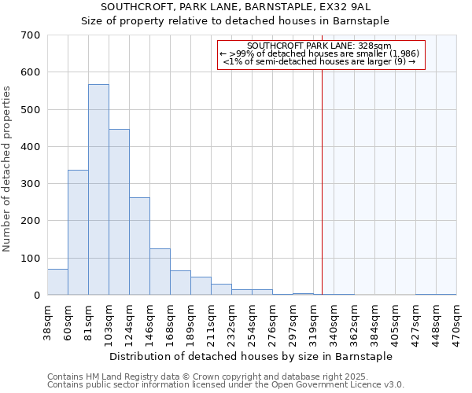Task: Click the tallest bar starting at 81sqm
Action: tap(98, 189)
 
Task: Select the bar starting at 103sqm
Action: tap(119, 212)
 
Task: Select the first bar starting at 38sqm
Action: tap(57, 282)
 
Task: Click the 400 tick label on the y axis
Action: tap(31, 147)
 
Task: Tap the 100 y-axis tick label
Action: tap(31, 259)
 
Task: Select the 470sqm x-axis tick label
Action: tap(457, 321)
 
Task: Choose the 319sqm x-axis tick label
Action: tap(314, 321)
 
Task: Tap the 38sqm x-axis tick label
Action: tap(48, 321)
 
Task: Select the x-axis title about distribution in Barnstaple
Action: tap(251, 356)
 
